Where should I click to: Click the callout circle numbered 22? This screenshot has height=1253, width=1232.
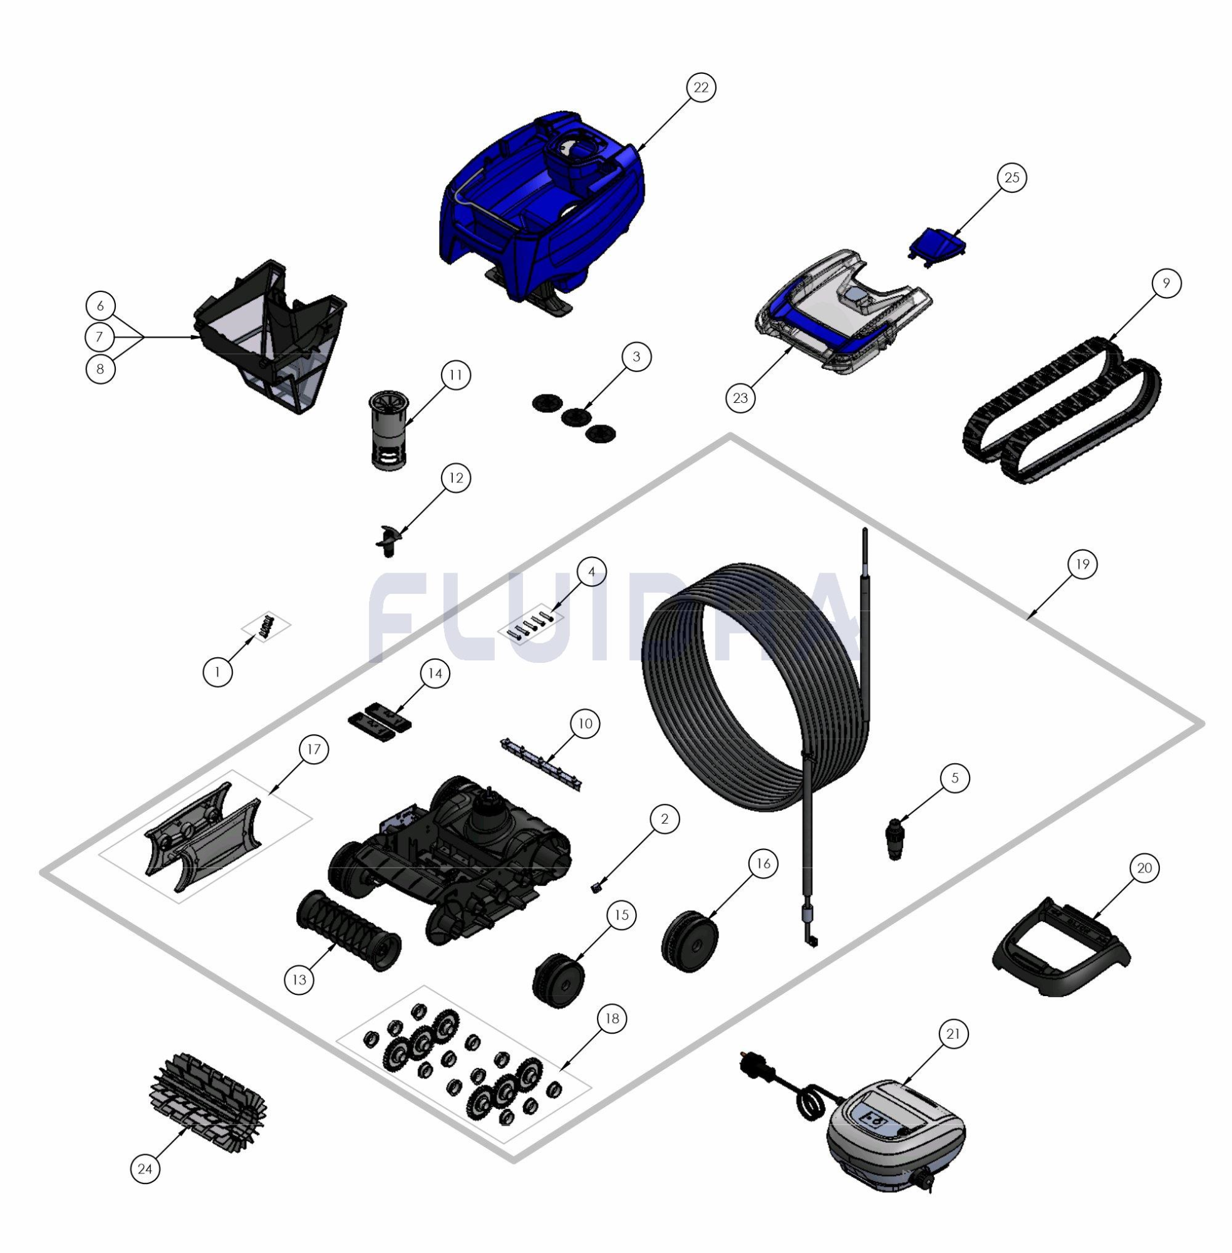coord(701,87)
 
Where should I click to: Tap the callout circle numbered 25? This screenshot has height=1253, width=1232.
coord(1012,177)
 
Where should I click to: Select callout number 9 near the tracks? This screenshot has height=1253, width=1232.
coord(1166,283)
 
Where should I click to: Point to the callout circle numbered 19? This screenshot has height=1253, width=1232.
coord(1082,564)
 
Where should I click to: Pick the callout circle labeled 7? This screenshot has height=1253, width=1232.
coord(99,336)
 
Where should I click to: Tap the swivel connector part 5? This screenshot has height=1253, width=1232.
coord(895,840)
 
